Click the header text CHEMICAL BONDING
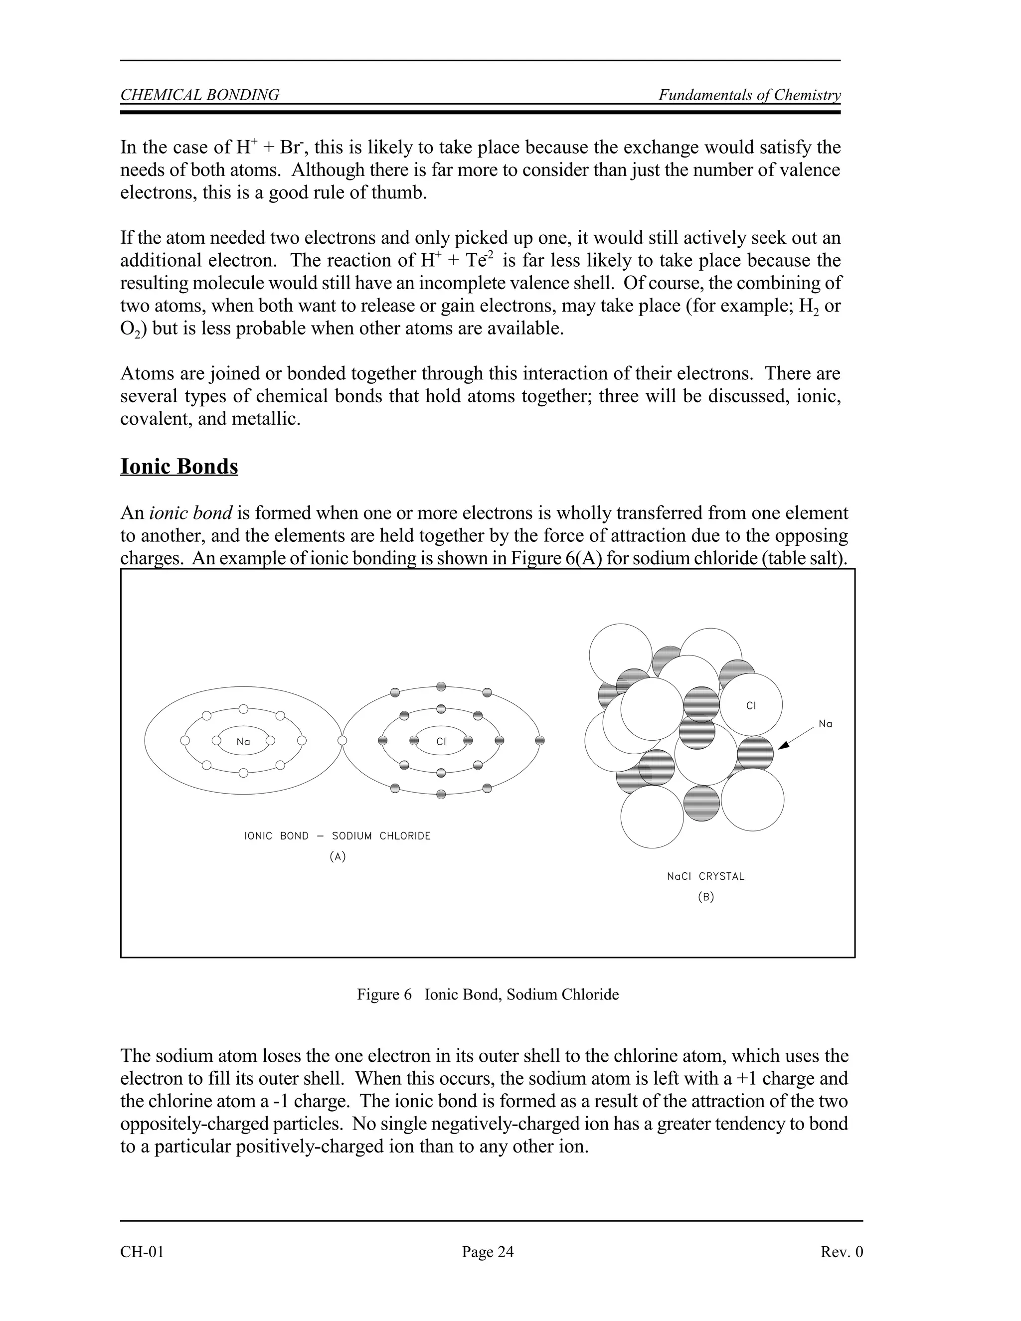pyautogui.click(x=199, y=95)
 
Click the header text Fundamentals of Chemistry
pyautogui.click(x=749, y=95)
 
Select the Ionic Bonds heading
pyautogui.click(x=179, y=467)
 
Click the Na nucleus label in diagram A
pyautogui.click(x=243, y=742)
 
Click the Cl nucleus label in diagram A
pyautogui.click(x=441, y=742)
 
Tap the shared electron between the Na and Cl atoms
pyautogui.click(x=342, y=740)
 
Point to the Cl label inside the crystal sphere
pyautogui.click(x=751, y=706)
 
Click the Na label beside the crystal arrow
pyautogui.click(x=825, y=724)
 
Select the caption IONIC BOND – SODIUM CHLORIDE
pyautogui.click(x=338, y=836)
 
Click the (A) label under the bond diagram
pyautogui.click(x=338, y=856)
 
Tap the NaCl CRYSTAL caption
pyautogui.click(x=705, y=876)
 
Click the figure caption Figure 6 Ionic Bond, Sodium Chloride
pyautogui.click(x=488, y=994)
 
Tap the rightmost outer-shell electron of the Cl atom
pyautogui.click(x=540, y=740)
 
